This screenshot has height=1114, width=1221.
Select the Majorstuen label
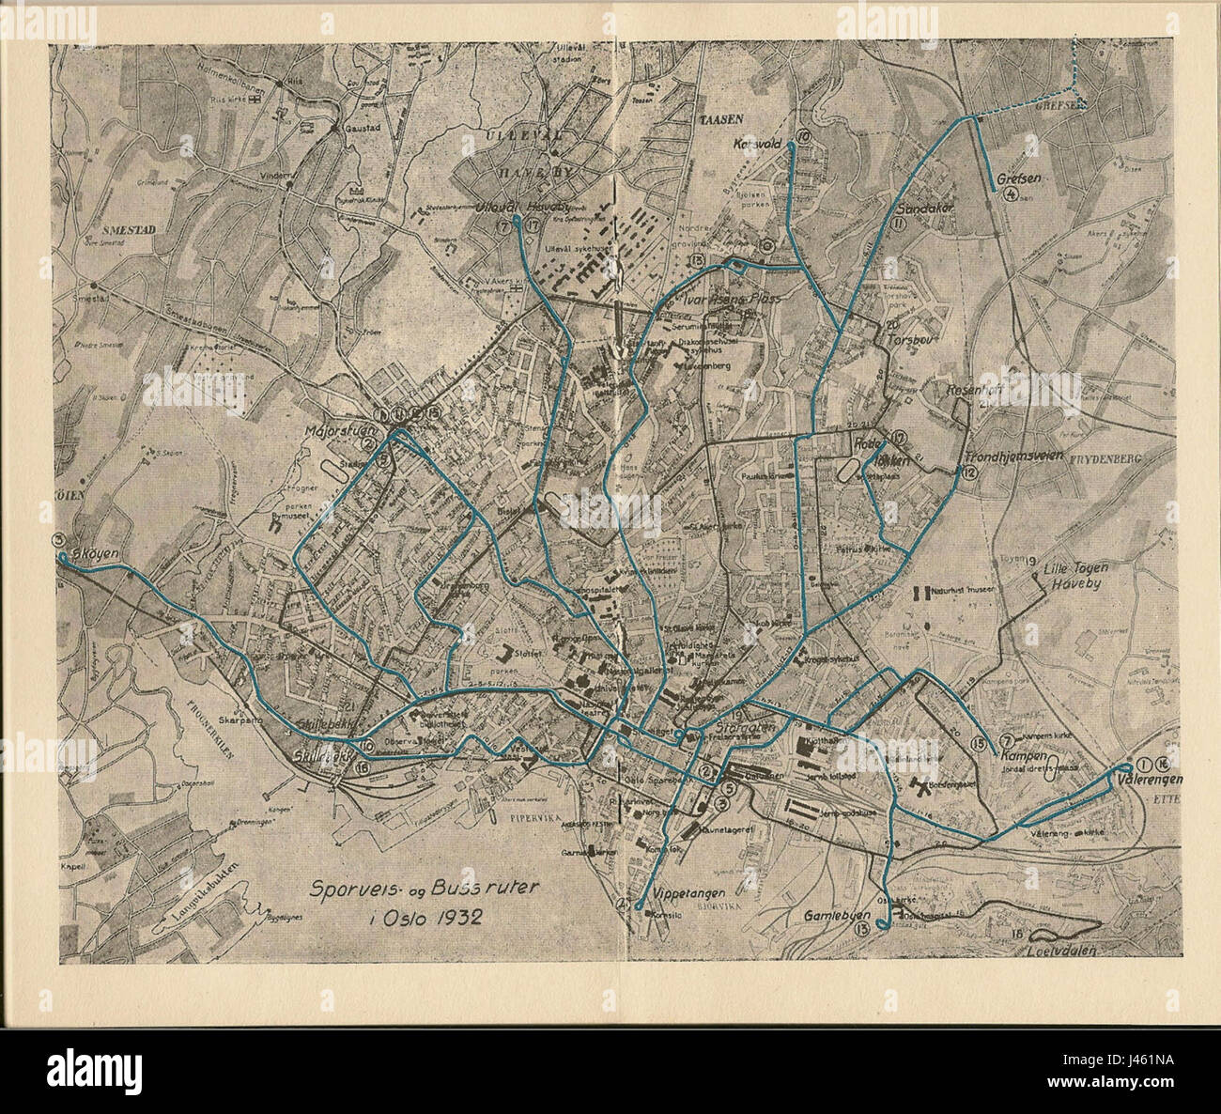click(339, 433)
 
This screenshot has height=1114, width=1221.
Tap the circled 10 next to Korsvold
click(802, 138)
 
